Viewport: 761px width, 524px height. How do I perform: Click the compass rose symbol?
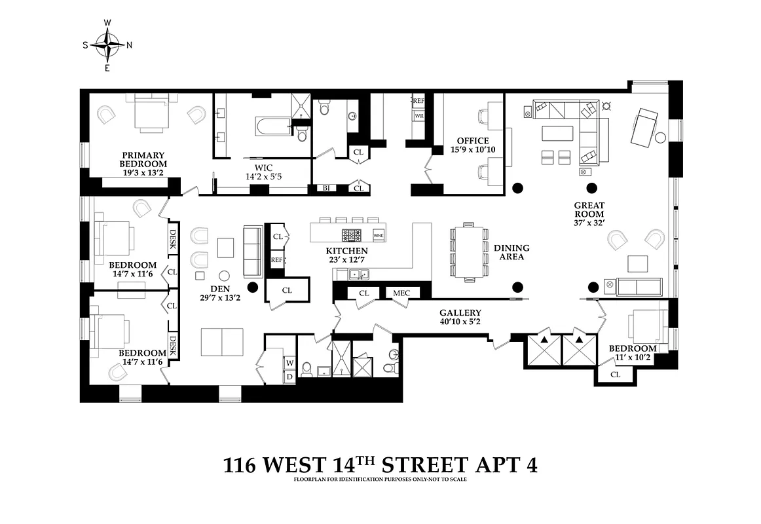107,45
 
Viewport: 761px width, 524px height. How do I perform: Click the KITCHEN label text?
346,251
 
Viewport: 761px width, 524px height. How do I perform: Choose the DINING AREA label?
511,253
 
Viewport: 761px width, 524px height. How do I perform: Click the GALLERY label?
460,313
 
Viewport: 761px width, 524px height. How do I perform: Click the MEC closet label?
401,293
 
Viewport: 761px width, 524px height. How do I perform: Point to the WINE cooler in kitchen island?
378,234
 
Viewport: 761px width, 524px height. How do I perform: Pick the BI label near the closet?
325,189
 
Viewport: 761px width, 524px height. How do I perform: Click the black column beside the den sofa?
252,286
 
